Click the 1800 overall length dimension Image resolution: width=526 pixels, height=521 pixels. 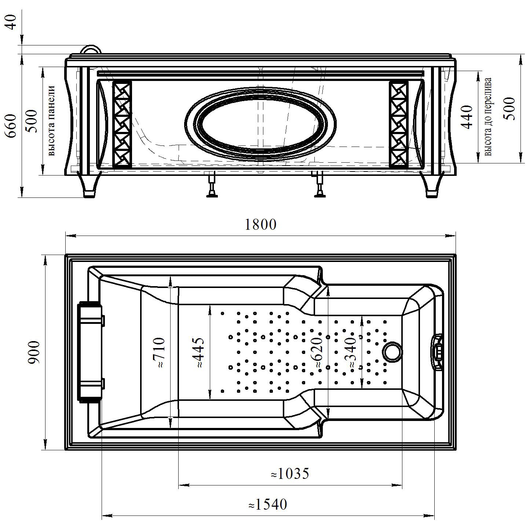(x=260, y=225)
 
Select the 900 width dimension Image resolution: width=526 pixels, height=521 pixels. (x=35, y=352)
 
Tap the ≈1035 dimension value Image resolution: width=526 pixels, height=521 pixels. (x=290, y=474)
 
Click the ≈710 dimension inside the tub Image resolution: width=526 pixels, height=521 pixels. (x=158, y=352)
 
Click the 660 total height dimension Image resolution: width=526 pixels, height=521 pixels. (x=11, y=126)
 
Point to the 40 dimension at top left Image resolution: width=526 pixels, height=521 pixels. (x=11, y=22)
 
